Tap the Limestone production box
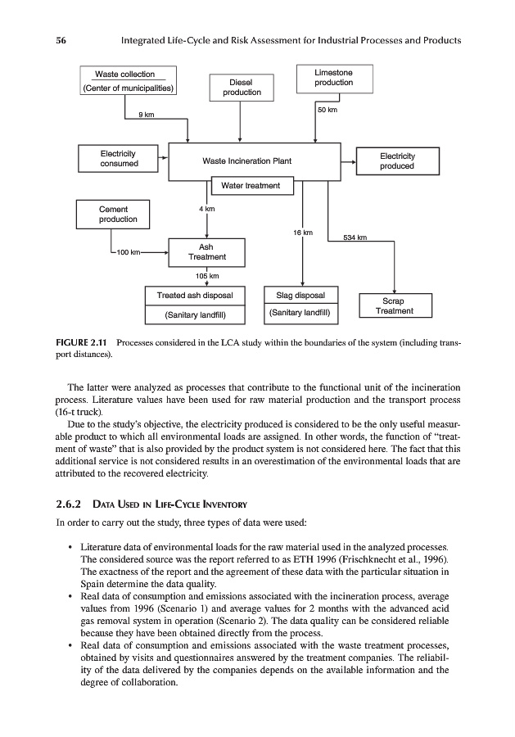(333, 79)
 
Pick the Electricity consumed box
(118, 159)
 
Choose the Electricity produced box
(397, 161)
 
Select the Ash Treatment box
(206, 251)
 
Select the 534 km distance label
(355, 237)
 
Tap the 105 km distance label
(206, 275)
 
